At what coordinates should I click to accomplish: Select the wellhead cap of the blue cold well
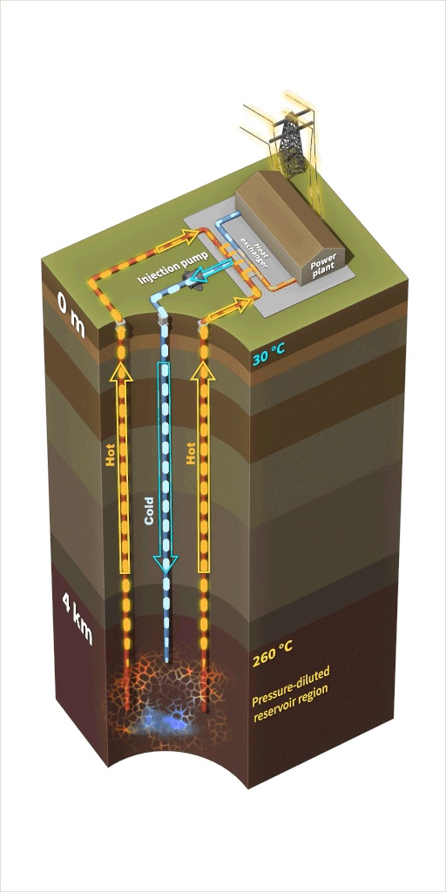click(x=163, y=321)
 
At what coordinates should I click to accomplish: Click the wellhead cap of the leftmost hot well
click(x=119, y=326)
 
